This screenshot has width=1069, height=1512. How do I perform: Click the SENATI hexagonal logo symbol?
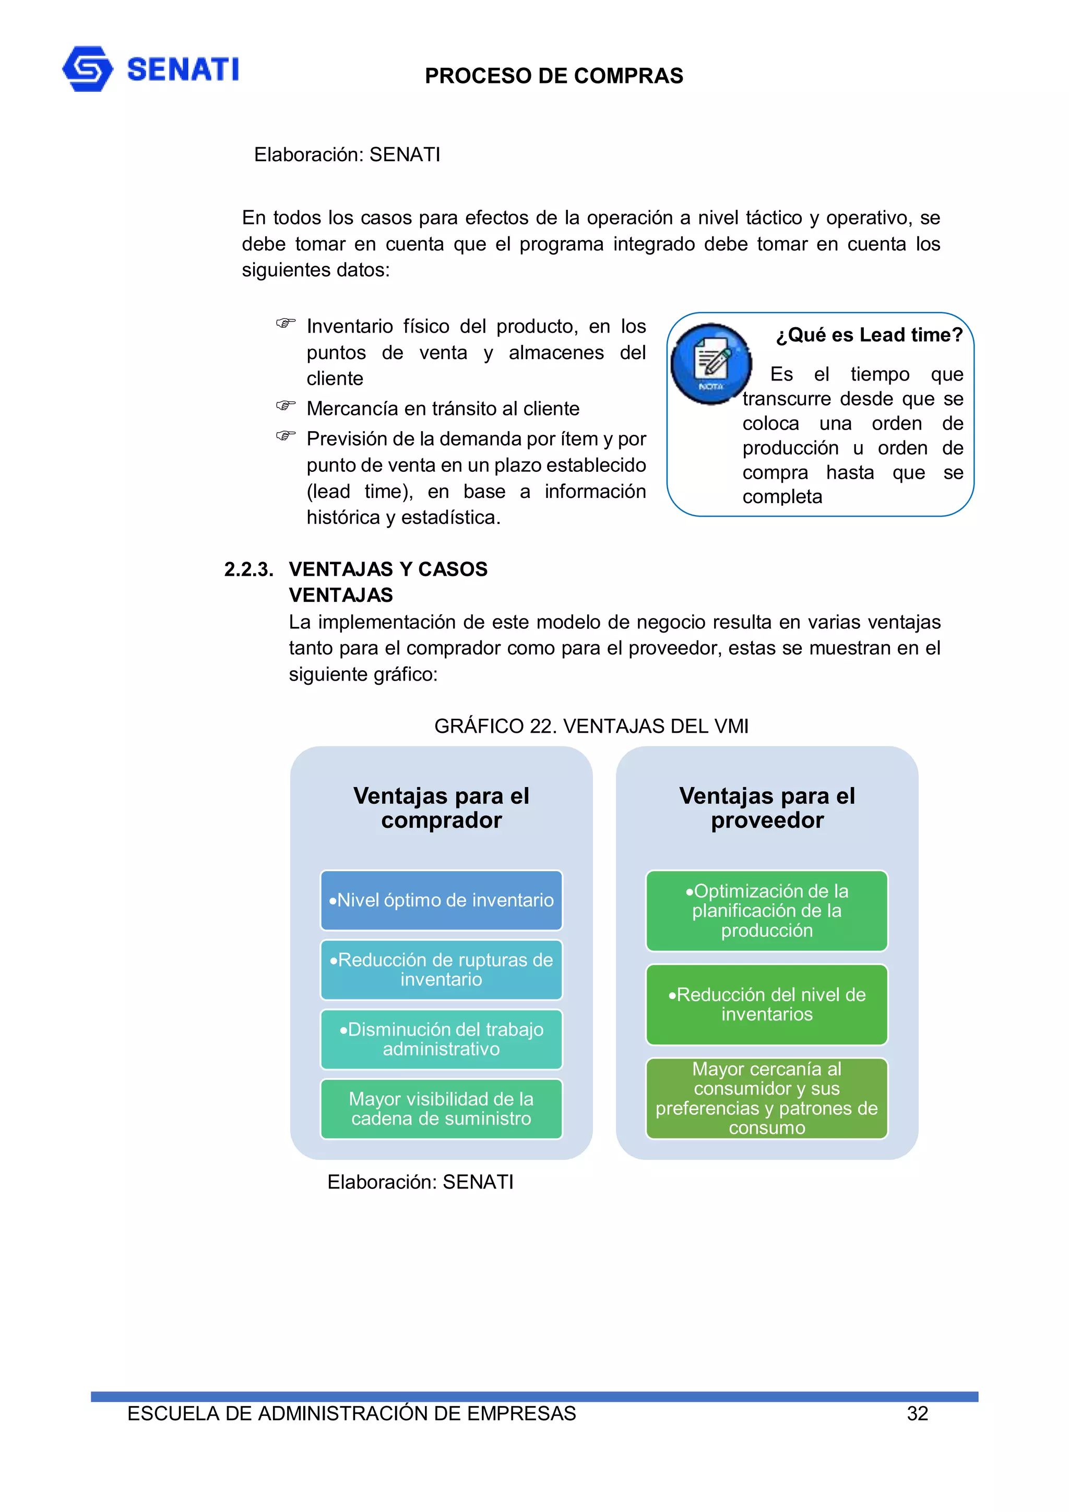(87, 69)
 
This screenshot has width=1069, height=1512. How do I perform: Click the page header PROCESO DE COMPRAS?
(553, 76)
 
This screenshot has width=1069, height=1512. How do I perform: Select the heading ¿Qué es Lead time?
(869, 335)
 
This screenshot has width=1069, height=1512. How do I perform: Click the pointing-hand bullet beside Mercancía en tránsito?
(285, 406)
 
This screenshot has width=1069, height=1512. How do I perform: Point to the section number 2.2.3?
(248, 569)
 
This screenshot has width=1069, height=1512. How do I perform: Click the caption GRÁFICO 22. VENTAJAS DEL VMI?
(591, 725)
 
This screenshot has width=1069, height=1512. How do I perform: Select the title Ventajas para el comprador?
(441, 808)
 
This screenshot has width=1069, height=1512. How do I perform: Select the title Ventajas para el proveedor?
(767, 808)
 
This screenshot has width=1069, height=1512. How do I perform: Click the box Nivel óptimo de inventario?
(441, 900)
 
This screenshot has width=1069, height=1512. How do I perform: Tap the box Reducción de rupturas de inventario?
(441, 969)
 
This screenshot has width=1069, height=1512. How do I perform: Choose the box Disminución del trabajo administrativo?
(441, 1039)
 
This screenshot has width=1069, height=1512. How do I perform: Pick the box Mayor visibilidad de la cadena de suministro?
(441, 1109)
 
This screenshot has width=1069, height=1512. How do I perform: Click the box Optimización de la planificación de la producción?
(767, 911)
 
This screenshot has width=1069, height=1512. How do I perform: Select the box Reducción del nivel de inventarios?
(767, 1004)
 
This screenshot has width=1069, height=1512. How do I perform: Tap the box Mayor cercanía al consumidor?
(767, 1098)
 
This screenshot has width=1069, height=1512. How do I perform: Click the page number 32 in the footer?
(917, 1413)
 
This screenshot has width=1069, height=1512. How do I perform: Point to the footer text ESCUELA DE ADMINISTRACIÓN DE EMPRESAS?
(352, 1413)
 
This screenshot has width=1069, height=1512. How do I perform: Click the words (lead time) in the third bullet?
(360, 491)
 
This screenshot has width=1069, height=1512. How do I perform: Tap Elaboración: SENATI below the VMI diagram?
(420, 1182)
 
